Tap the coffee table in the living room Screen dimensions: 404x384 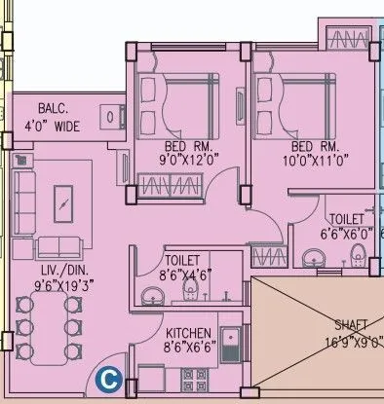click(x=64, y=204)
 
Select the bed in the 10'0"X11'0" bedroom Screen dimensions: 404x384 click(x=288, y=101)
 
